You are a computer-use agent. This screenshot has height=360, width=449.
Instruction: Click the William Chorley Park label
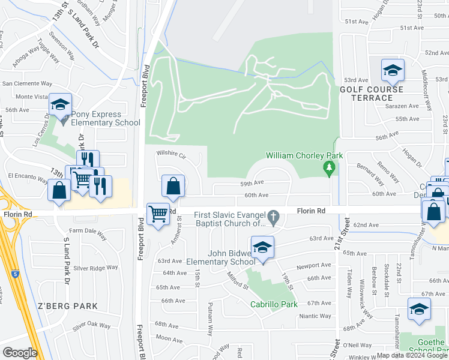pyautogui.click(x=304, y=155)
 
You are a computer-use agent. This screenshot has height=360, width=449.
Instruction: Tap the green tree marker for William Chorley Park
pyautogui.click(x=328, y=169)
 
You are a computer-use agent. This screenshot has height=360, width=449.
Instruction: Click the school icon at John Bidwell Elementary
pyautogui.click(x=262, y=248)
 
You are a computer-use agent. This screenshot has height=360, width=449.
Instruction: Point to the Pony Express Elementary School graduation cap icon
pyautogui.click(x=60, y=106)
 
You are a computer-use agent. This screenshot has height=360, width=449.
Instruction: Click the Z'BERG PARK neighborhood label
pyautogui.click(x=68, y=306)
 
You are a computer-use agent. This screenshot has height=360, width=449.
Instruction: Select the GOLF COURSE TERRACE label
pyautogui.click(x=372, y=94)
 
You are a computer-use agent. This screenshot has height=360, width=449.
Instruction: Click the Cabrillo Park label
pyautogui.click(x=274, y=304)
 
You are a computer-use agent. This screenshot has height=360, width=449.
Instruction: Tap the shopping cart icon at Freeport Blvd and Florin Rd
pyautogui.click(x=158, y=213)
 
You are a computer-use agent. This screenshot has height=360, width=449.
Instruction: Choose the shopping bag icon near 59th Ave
pyautogui.click(x=173, y=187)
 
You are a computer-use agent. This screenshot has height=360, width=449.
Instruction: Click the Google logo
pyautogui.click(x=20, y=353)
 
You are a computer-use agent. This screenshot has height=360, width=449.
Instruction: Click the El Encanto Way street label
pyautogui.click(x=26, y=178)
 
